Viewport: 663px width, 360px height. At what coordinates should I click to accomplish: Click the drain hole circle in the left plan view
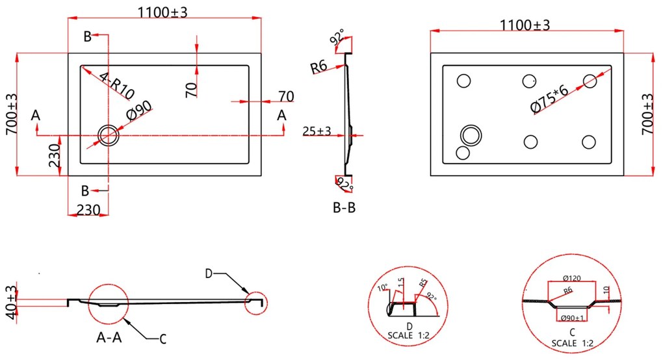click(107, 135)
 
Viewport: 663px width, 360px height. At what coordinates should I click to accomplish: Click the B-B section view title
click(343, 208)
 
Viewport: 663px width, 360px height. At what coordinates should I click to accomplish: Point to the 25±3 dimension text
click(317, 131)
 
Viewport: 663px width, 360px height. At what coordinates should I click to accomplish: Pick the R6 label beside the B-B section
click(318, 66)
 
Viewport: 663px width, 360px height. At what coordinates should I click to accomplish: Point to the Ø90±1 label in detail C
click(572, 318)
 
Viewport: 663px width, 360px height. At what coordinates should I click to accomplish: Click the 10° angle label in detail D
click(383, 288)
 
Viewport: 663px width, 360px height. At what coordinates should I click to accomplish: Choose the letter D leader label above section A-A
click(209, 274)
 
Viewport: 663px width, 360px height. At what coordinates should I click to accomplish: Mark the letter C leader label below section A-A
click(164, 338)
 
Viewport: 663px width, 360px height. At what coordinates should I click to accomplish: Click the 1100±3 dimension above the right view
click(525, 25)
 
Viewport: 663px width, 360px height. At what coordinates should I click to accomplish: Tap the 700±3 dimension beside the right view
click(647, 114)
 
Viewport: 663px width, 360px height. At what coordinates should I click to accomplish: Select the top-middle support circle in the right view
click(530, 81)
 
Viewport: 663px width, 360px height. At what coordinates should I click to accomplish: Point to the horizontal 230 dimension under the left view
click(88, 211)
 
